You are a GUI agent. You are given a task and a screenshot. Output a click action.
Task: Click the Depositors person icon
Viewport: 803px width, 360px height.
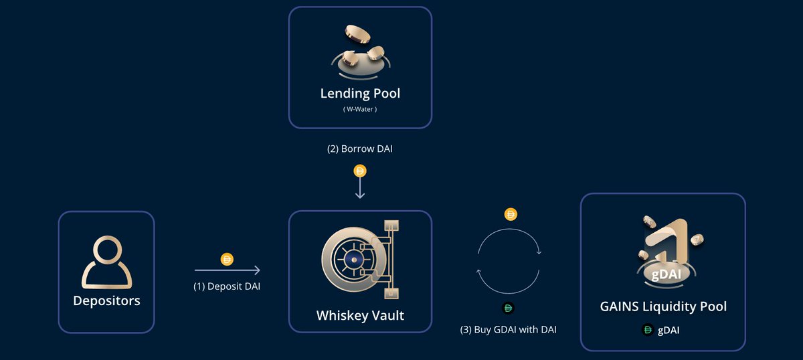pos(106,262)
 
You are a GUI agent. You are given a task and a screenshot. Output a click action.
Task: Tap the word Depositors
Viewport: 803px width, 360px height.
pos(106,300)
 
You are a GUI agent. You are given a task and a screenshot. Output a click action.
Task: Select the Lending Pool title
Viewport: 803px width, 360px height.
pos(360,92)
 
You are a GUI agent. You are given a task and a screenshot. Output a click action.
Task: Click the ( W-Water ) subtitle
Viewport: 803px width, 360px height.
pos(360,109)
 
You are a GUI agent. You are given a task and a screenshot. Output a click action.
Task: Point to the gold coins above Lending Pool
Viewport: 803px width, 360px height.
pos(360,50)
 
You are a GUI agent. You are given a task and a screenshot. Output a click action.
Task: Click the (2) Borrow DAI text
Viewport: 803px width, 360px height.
pos(360,149)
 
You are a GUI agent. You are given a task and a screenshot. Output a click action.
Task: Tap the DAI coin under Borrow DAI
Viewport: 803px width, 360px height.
pos(360,171)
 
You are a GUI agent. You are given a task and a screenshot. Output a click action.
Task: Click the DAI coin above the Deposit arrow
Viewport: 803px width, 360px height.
pos(227,259)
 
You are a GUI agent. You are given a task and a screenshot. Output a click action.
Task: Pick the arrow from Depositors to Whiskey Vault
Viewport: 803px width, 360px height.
pos(227,270)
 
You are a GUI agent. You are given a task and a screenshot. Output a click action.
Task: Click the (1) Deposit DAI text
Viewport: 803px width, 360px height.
pos(227,286)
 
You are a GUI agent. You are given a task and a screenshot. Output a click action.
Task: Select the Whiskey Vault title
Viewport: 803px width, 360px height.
pos(360,314)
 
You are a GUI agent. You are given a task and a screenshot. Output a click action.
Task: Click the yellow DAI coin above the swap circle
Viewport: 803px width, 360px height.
pos(511,215)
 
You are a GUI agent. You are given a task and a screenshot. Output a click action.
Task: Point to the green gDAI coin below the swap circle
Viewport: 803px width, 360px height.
pos(509,308)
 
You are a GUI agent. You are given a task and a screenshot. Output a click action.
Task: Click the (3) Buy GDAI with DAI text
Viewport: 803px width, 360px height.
pos(509,329)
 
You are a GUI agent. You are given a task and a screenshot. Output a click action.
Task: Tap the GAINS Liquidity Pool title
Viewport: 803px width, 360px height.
pos(663,306)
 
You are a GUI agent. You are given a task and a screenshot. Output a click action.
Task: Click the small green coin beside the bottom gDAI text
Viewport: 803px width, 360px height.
pos(647,329)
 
